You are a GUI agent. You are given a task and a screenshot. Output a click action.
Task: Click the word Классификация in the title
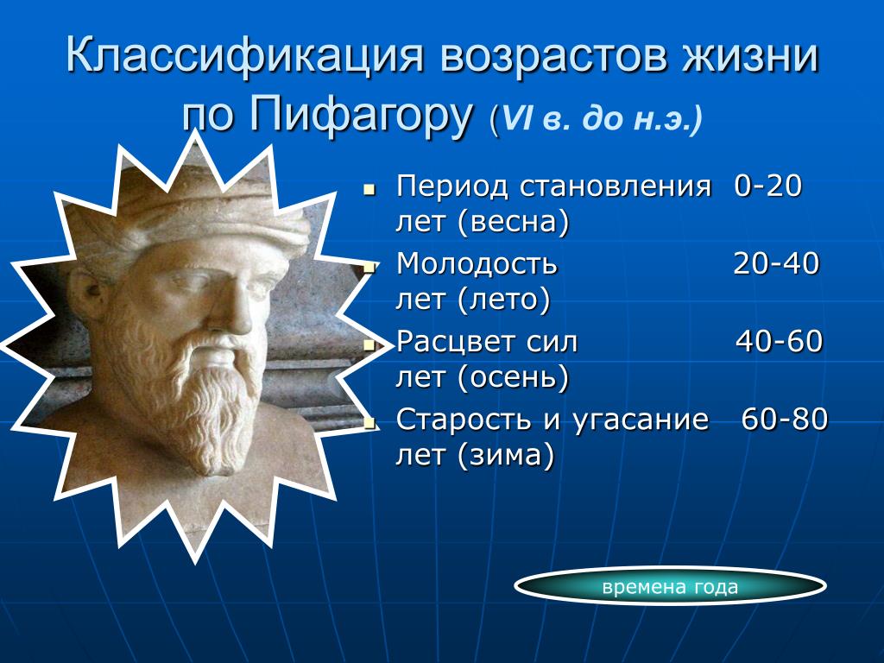pyautogui.click(x=244, y=56)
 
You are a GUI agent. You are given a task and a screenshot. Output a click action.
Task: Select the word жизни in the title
pyautogui.click(x=750, y=55)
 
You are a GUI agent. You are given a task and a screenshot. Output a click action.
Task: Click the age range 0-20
pyautogui.click(x=767, y=186)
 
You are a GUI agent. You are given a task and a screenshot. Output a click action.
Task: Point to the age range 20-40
pyautogui.click(x=776, y=263)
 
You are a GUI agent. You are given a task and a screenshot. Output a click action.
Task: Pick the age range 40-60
pyautogui.click(x=780, y=342)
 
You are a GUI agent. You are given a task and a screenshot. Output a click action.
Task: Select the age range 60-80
pyautogui.click(x=785, y=419)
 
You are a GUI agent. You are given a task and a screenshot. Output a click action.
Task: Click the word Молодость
pyautogui.click(x=477, y=264)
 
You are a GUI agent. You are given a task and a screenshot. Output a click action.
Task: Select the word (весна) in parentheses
pyautogui.click(x=514, y=222)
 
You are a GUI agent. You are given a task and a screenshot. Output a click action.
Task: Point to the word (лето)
pyautogui.click(x=504, y=300)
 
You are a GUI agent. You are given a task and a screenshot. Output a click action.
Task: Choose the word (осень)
pyautogui.click(x=514, y=377)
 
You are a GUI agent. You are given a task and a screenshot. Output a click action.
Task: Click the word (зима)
pyautogui.click(x=506, y=455)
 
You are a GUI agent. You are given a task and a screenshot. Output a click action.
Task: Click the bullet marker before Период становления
pyautogui.click(x=369, y=190)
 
